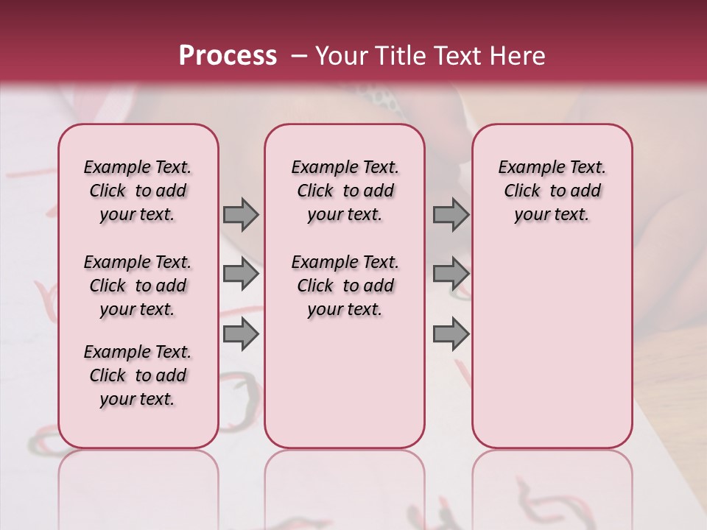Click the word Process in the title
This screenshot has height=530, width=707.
click(x=228, y=56)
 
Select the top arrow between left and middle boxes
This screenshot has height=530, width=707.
click(x=241, y=215)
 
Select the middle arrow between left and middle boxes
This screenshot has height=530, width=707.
click(x=241, y=275)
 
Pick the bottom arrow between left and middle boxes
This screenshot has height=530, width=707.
click(x=241, y=335)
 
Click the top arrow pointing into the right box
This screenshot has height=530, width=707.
click(x=451, y=215)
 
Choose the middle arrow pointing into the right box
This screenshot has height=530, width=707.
click(x=451, y=275)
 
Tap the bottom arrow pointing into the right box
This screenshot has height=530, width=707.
click(x=451, y=335)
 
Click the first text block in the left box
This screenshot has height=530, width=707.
click(x=138, y=191)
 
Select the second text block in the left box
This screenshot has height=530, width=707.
click(x=138, y=286)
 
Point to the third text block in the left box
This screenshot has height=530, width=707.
click(x=138, y=375)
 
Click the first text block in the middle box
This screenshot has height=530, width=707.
click(x=345, y=191)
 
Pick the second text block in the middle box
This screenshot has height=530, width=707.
click(x=345, y=286)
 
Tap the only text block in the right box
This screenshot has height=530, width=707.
click(x=552, y=191)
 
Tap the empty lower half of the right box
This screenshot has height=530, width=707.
click(x=552, y=353)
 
